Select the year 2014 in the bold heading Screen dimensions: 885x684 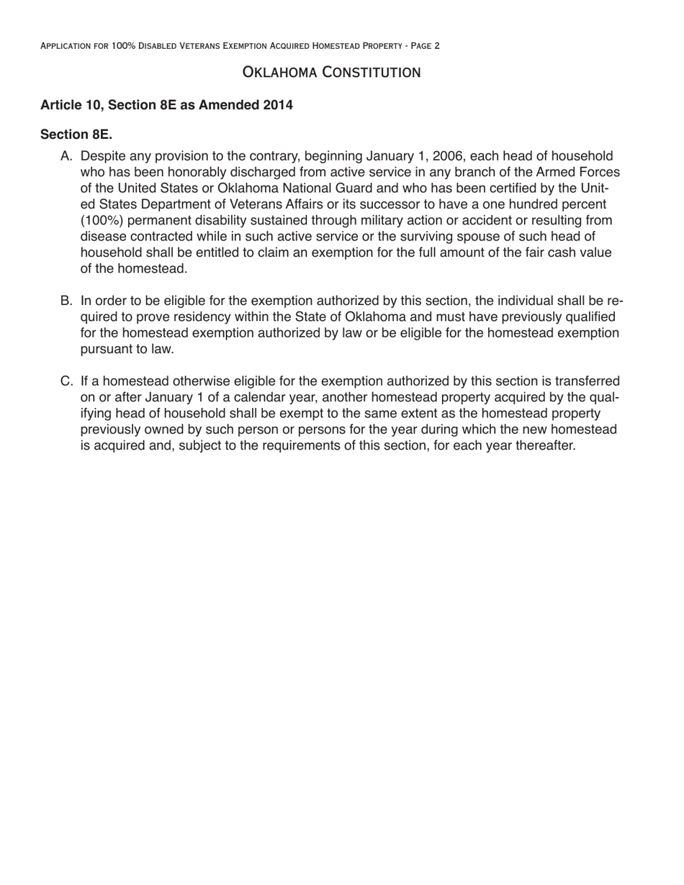click(278, 105)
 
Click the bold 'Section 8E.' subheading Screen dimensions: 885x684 click(76, 135)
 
